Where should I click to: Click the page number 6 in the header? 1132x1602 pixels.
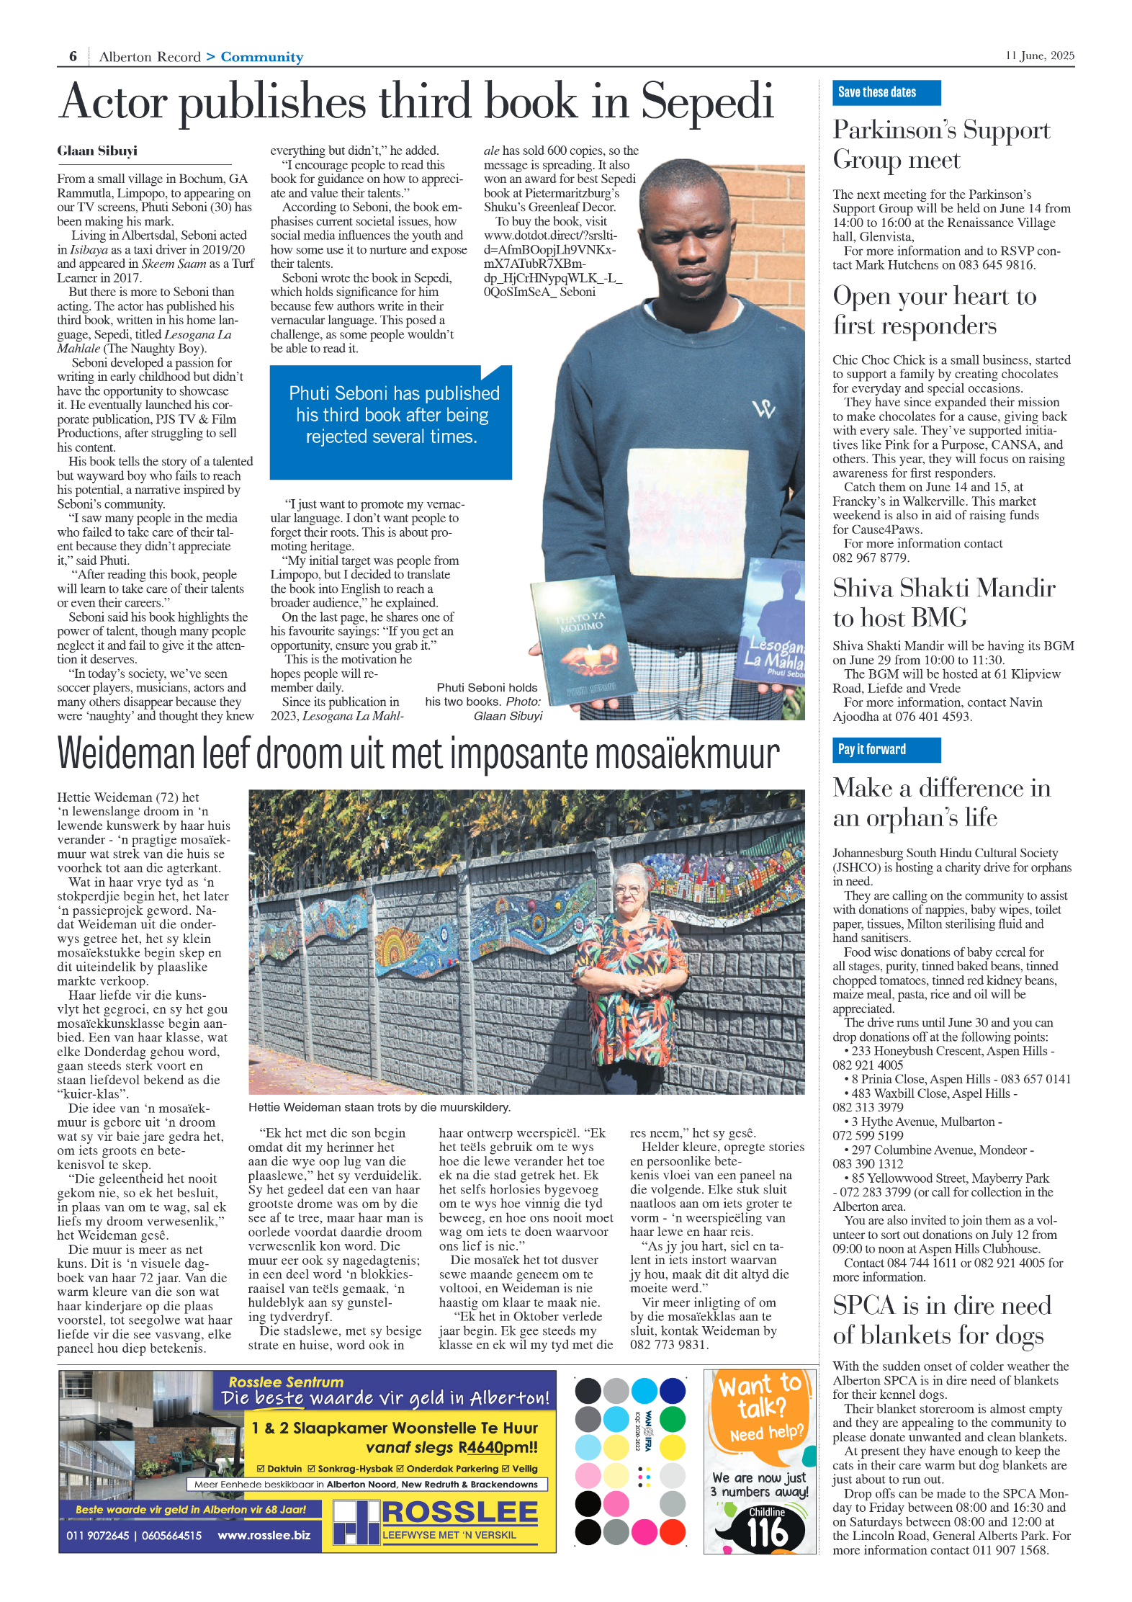pos(73,56)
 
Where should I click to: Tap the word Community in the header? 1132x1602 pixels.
pos(261,57)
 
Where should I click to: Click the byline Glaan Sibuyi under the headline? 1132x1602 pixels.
pos(97,151)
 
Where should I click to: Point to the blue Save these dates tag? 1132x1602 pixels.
pos(886,92)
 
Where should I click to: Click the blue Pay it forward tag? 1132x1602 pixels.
pos(886,749)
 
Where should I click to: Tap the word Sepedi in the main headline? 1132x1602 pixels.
pos(707,102)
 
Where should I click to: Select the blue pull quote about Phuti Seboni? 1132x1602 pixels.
pos(391,422)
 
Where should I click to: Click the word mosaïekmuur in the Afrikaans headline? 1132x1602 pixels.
pos(687,753)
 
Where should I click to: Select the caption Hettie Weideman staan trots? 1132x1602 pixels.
pos(379,1107)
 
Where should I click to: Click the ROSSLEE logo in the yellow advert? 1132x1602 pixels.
pos(459,1512)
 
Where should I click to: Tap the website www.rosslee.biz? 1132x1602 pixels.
pos(264,1535)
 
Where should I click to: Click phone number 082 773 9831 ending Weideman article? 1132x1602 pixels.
pos(669,1344)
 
